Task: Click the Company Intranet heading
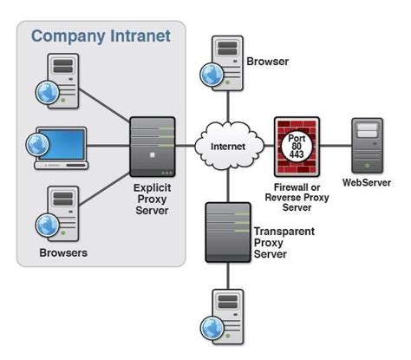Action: [x=101, y=36]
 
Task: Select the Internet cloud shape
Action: [x=228, y=146]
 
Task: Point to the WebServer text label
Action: [x=368, y=183]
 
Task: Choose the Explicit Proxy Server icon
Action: [x=153, y=145]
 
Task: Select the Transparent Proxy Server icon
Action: [x=228, y=232]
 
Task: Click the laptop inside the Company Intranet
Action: [x=58, y=147]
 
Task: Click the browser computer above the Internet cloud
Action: [x=220, y=62]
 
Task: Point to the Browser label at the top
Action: [x=268, y=62]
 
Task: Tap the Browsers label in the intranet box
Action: [x=64, y=253]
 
